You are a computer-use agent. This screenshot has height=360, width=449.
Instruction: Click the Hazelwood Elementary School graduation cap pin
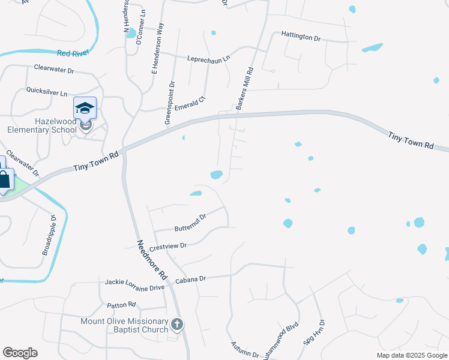pyautogui.click(x=85, y=109)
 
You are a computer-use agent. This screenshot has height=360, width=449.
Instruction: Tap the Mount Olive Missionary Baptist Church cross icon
pyautogui.click(x=177, y=325)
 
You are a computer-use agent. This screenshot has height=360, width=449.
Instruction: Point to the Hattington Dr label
pyautogui.click(x=301, y=37)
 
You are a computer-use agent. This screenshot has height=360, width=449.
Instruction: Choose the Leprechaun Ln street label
pyautogui.click(x=209, y=59)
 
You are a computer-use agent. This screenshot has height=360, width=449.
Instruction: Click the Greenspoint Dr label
pyautogui.click(x=170, y=103)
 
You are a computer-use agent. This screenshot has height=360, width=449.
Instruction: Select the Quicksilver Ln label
pyautogui.click(x=47, y=92)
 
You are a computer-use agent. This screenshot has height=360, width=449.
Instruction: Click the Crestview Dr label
pyautogui.click(x=169, y=246)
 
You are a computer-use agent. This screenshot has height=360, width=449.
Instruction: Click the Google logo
pyautogui.click(x=20, y=353)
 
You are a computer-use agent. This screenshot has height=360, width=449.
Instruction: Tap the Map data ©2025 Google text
pyautogui.click(x=411, y=355)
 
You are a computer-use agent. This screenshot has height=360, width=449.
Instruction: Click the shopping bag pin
pyautogui.click(x=4, y=179)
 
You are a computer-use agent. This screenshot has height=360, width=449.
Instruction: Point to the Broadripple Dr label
pyautogui.click(x=49, y=235)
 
